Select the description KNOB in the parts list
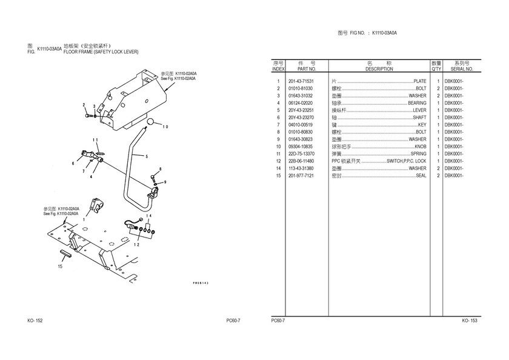420,147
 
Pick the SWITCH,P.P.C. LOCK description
406,161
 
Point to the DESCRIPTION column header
379,69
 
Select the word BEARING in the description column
416,103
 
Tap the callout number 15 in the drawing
59,265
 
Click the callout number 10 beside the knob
165,126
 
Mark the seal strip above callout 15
65,253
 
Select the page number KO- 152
35,320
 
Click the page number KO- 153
470,320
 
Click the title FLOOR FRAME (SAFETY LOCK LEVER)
101,52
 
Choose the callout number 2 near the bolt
84,106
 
